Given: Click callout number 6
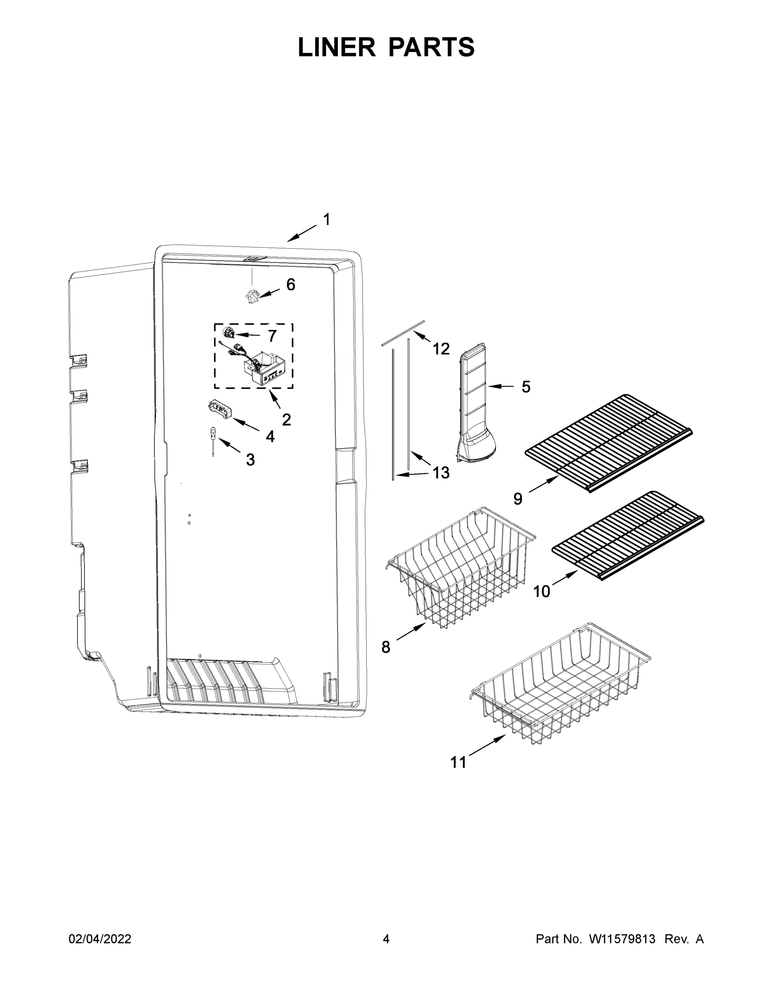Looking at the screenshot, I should tap(291, 285).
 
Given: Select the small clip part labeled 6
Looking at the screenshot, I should tap(251, 296).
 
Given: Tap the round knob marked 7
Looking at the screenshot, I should tap(228, 333).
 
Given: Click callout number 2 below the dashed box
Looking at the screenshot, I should tap(286, 419).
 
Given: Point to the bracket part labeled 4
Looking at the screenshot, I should tap(219, 408).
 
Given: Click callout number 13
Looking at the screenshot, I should tap(441, 472).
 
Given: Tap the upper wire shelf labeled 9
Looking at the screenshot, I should tap(608, 441).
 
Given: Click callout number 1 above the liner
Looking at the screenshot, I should tap(327, 220).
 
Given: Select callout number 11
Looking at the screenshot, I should tap(458, 762).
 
